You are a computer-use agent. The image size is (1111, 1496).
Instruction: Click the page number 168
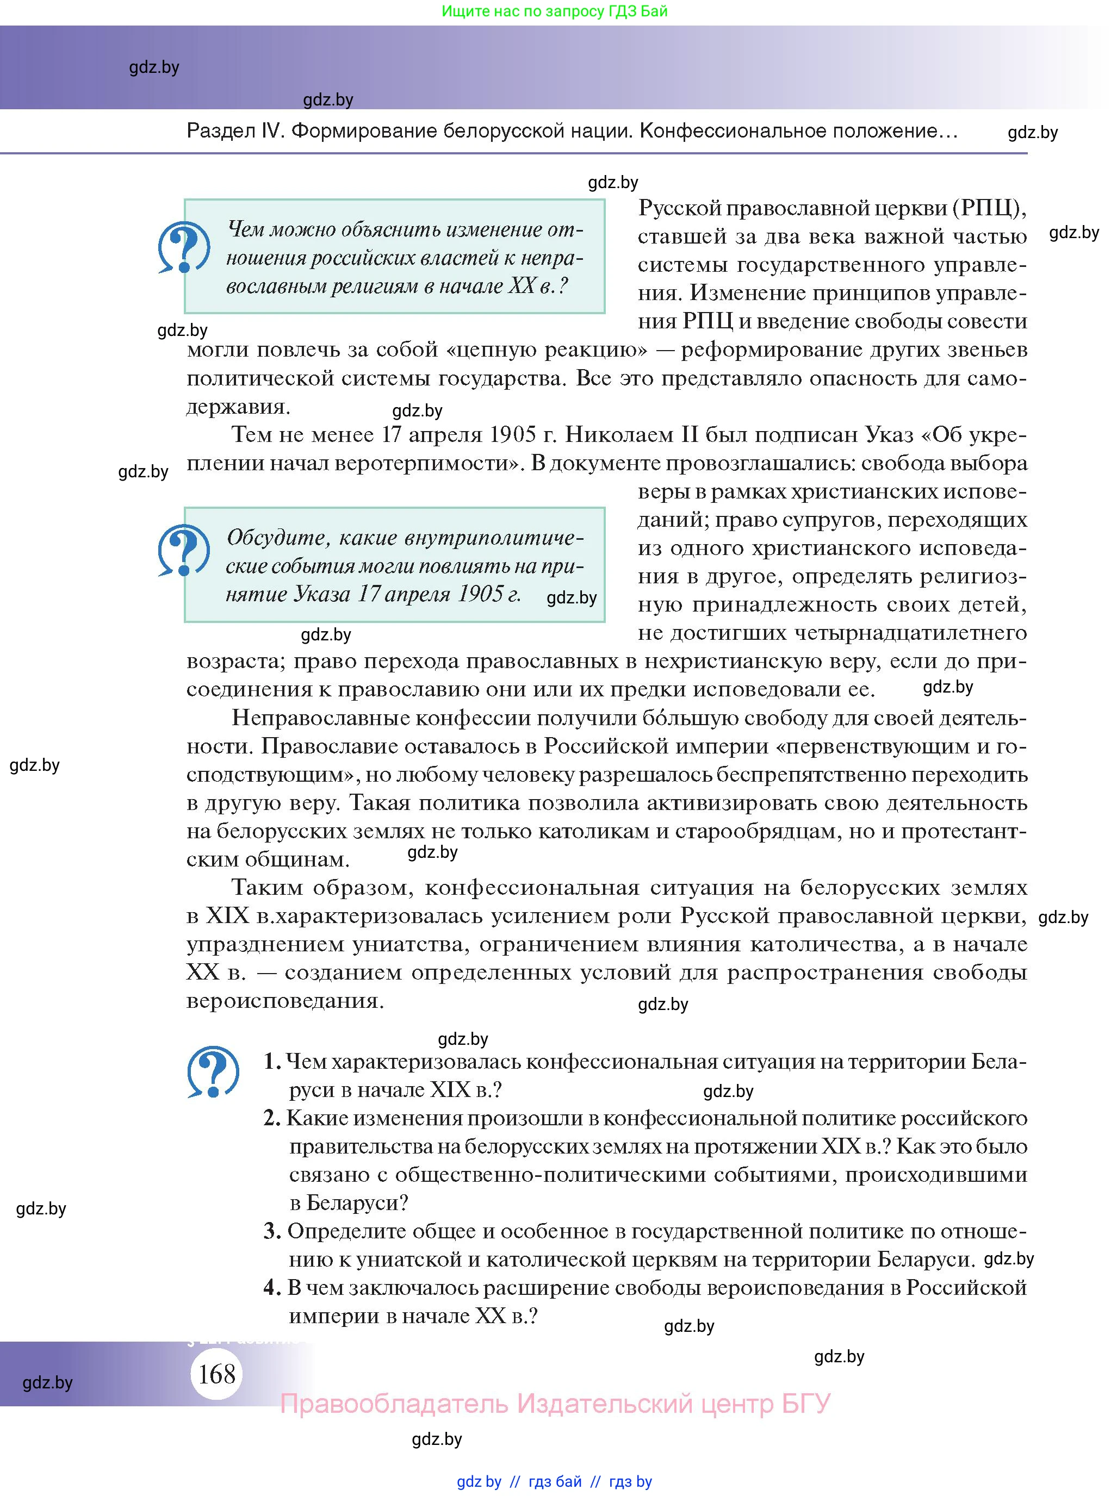click(x=216, y=1373)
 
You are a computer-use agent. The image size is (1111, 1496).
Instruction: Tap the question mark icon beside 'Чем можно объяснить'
click(x=183, y=247)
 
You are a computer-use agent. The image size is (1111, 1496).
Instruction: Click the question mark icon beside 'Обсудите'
click(x=183, y=550)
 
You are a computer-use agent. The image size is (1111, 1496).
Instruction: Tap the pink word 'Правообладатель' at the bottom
click(x=393, y=1404)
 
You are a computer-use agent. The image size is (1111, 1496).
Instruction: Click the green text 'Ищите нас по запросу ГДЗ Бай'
click(x=555, y=11)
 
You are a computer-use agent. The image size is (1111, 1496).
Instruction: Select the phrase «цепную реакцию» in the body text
click(x=546, y=350)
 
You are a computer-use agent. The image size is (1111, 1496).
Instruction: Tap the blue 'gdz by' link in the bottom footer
click(x=479, y=1482)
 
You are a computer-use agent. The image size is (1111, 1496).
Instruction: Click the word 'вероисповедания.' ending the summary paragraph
click(x=285, y=1000)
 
